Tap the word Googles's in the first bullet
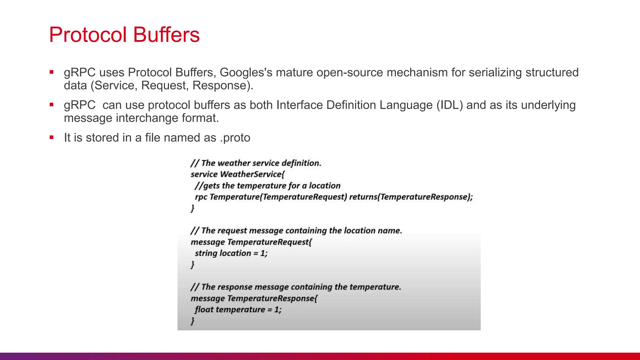(246, 72)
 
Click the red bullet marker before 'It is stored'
(52, 137)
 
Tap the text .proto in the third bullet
(235, 138)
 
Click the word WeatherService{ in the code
(252, 174)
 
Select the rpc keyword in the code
(201, 197)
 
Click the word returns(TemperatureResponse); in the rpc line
(411, 197)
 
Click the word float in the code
(204, 310)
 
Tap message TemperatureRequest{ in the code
(251, 242)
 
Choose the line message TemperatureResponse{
(254, 298)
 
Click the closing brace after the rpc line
(192, 208)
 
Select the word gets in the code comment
(212, 186)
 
